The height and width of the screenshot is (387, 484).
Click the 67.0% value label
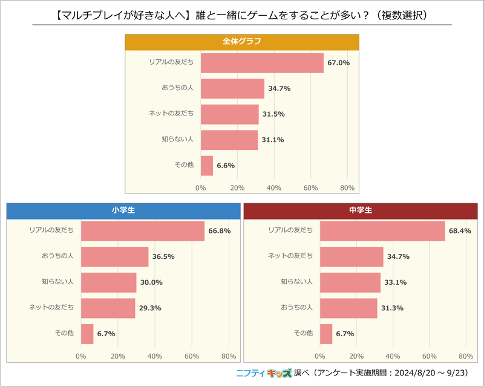[x=339, y=63]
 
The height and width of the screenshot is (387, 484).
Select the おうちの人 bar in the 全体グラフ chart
[x=232, y=88]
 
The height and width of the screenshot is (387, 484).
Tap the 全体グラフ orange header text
[x=241, y=42]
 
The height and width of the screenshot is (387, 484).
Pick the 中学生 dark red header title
[x=361, y=210]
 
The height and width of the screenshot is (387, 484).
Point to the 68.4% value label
[x=460, y=231]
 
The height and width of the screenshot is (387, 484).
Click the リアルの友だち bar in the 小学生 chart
[x=142, y=231]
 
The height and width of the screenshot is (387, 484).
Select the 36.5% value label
[x=163, y=256]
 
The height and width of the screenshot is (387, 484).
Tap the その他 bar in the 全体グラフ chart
[x=207, y=165]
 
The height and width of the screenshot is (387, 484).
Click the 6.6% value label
[x=226, y=165]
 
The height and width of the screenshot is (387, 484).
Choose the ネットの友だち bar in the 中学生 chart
[x=352, y=256]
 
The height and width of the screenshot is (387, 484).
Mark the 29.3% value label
[x=150, y=308]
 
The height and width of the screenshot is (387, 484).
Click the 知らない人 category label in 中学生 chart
[x=296, y=282]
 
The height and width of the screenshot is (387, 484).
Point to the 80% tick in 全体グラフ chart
[x=347, y=187]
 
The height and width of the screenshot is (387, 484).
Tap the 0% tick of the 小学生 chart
[x=81, y=356]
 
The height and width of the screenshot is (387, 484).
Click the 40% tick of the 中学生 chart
[x=393, y=356]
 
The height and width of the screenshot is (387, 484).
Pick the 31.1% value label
[x=272, y=140]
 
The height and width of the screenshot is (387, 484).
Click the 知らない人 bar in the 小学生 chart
[x=109, y=282]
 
